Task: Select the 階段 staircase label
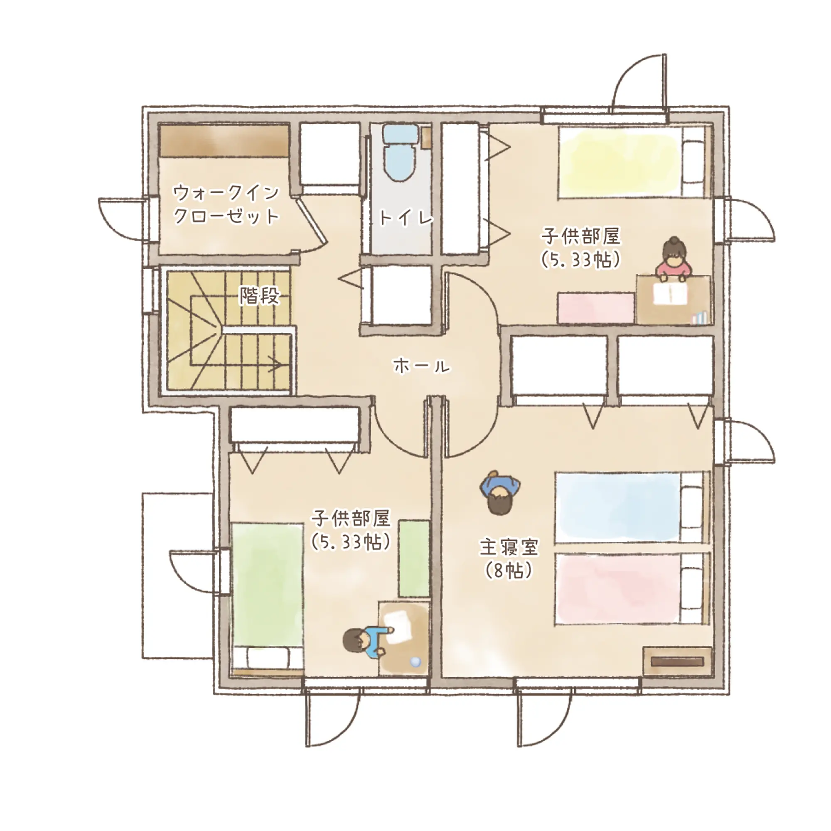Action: [x=259, y=295]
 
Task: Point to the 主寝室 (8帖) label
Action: [x=509, y=558]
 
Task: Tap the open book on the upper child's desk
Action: [x=670, y=294]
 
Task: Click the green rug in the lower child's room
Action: [x=414, y=559]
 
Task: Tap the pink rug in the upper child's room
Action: [x=596, y=307]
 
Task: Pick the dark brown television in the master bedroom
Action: [x=677, y=661]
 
